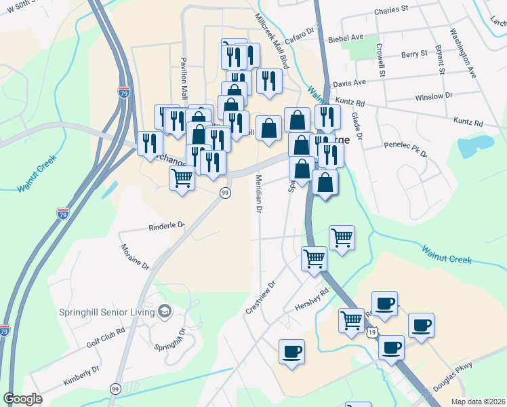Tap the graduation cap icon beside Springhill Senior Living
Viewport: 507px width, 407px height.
click(x=164, y=311)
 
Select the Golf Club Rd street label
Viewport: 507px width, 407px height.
click(x=106, y=337)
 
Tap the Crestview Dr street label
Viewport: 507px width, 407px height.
click(x=261, y=298)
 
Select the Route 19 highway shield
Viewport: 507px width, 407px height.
click(x=372, y=332)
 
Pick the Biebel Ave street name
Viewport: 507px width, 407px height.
click(x=346, y=38)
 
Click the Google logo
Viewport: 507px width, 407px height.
click(x=23, y=399)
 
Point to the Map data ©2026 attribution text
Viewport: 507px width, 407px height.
click(x=478, y=402)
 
